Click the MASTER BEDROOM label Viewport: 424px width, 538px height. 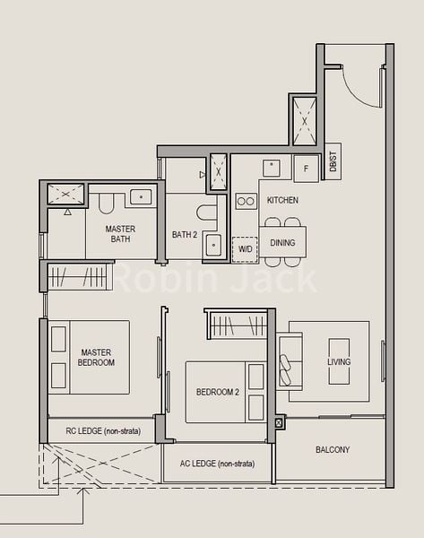coord(96,358)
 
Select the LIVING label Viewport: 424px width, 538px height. coord(339,361)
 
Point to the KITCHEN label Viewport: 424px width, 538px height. coord(282,200)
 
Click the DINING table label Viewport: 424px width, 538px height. coord(282,242)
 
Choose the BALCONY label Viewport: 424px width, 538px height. coord(333,449)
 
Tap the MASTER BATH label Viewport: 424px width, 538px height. coord(120,234)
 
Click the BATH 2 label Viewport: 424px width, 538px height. coord(185,235)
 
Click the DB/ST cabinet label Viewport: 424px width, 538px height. coord(332,162)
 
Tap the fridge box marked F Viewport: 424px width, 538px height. coord(307,168)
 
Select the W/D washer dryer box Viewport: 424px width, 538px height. coord(245,249)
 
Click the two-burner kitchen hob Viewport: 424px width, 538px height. coord(246,201)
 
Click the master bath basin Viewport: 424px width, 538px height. coord(142,196)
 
